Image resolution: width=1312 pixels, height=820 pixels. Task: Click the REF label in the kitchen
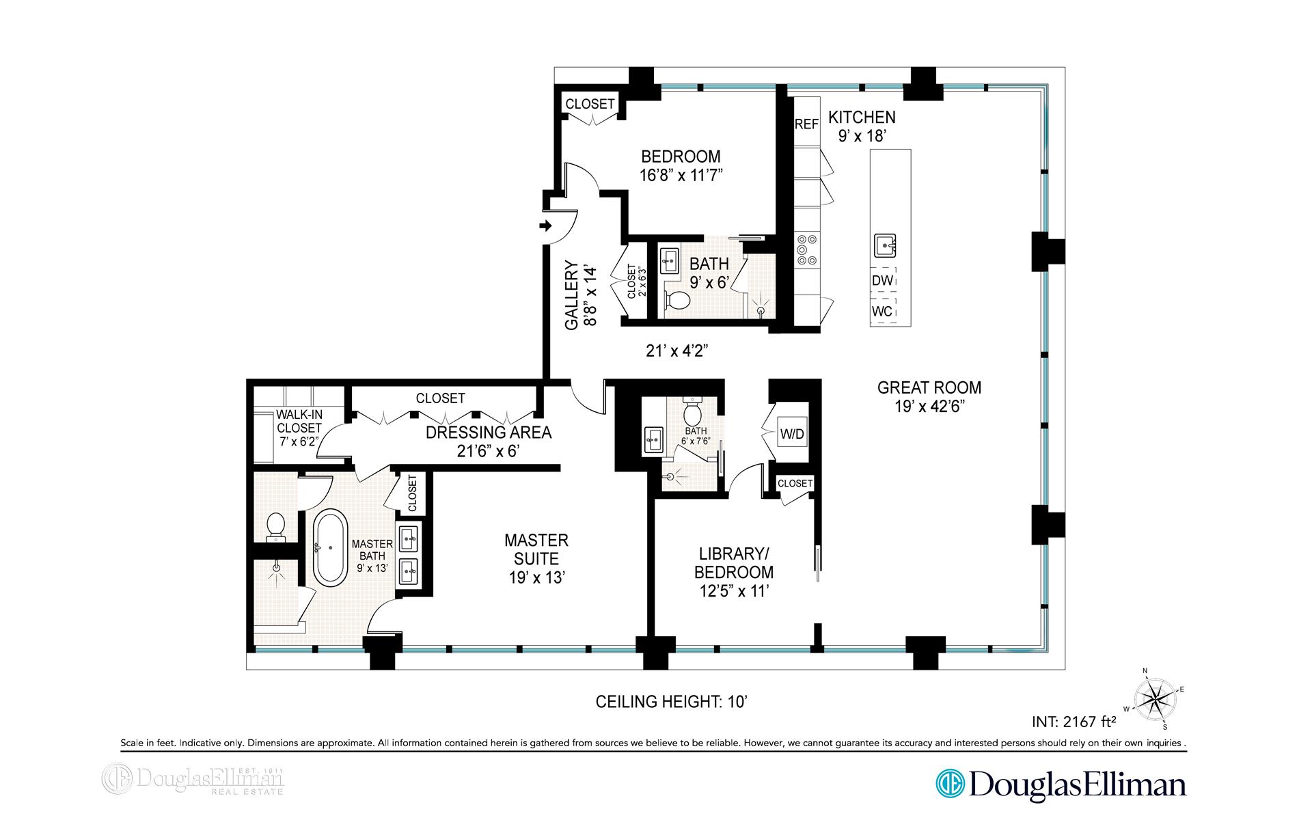806,124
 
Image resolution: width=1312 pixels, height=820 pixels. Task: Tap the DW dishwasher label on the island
882,280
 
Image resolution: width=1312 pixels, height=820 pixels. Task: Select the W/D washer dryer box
792,433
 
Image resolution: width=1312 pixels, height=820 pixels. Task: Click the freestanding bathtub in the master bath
329,547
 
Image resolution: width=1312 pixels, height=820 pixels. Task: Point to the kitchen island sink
884,243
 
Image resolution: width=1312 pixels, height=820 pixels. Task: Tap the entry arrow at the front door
545,225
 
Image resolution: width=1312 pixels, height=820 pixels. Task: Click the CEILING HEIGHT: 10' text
674,702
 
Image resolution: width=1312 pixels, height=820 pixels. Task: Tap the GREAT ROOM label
929,387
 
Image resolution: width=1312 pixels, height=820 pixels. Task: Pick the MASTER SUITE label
536,549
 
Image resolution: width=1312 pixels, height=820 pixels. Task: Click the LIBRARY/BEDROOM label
734,562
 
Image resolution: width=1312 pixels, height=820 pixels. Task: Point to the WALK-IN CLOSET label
299,421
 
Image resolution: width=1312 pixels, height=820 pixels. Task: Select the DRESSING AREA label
489,433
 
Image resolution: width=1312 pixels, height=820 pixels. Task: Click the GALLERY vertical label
571,295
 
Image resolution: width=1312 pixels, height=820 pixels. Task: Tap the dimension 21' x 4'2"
676,351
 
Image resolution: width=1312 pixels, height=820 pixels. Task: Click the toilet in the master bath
276,528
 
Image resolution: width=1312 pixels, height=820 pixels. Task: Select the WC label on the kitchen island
882,312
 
